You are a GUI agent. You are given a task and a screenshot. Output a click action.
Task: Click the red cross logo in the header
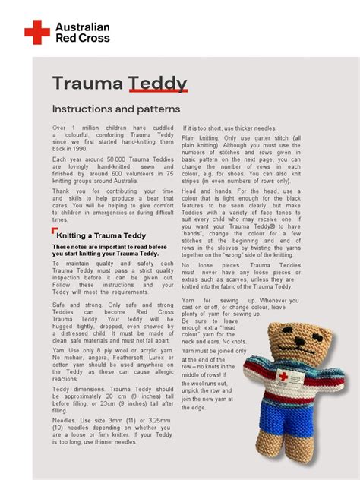(36, 32)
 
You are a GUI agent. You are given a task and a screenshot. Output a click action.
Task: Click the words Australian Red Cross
(82, 33)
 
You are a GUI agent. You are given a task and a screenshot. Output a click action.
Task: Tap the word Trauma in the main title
(87, 84)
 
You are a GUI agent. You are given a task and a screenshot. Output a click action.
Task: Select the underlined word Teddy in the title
(157, 84)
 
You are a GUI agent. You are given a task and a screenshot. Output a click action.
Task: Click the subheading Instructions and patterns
(116, 109)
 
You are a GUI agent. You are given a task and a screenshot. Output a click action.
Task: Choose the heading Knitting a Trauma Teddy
(102, 235)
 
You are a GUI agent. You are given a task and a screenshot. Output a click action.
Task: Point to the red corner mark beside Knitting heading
(55, 230)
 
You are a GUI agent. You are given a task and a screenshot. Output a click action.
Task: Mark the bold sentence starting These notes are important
(110, 251)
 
